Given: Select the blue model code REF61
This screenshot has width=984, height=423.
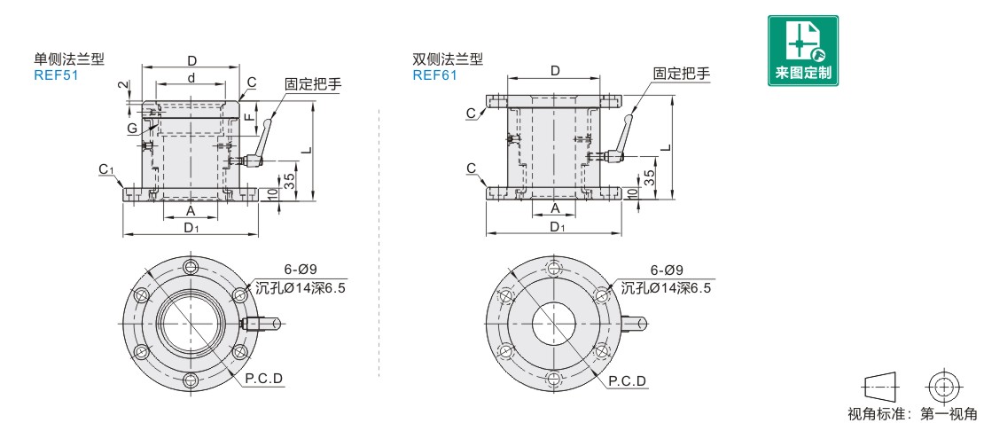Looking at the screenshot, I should [x=434, y=75].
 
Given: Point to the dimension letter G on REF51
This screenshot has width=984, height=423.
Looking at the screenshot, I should [x=130, y=129].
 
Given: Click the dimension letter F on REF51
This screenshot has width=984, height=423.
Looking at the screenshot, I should [x=251, y=117].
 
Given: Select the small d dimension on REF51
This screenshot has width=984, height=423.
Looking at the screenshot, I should [x=191, y=78].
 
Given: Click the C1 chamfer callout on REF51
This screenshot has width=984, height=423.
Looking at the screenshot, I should [x=105, y=168].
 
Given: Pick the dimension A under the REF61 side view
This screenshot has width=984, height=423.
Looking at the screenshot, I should [x=556, y=208].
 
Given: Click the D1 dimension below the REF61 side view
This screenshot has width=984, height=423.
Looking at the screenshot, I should [x=556, y=228].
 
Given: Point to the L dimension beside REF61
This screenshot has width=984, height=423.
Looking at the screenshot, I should [x=665, y=146].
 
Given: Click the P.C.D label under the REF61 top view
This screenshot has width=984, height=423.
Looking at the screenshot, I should [x=627, y=381].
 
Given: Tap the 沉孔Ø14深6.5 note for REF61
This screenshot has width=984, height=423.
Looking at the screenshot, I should [x=665, y=287].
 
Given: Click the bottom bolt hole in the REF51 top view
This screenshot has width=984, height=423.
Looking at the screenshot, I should [x=191, y=382].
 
